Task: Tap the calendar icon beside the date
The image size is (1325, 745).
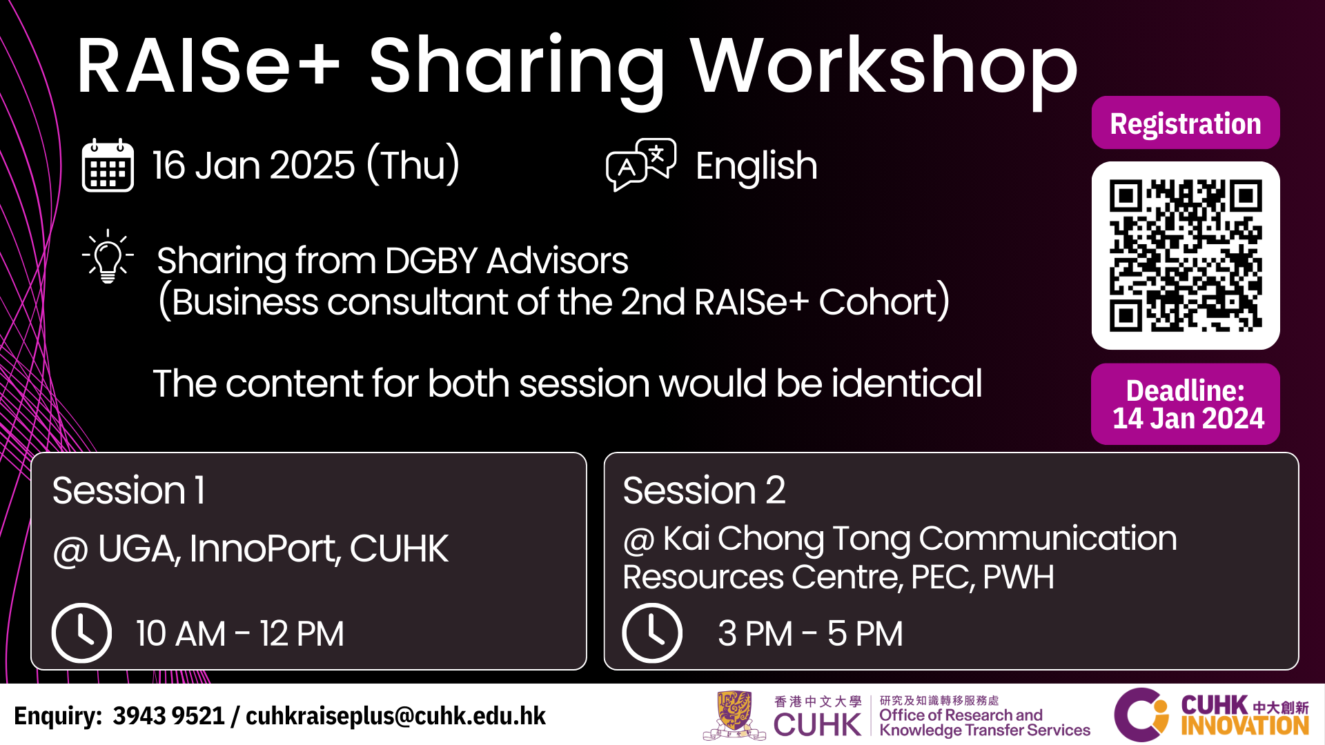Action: coord(108,165)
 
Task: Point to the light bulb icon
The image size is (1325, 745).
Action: coord(108,257)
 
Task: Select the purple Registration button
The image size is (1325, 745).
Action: coord(1186,123)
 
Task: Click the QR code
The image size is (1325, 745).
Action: coord(1186,256)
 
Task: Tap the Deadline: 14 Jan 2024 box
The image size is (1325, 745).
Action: coord(1186,404)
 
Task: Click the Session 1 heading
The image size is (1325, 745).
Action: coord(128,490)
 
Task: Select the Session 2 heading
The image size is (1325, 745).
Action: coord(704,490)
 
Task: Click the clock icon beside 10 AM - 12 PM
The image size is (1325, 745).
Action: coord(81,633)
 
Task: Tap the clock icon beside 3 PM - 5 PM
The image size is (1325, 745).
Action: coord(652,633)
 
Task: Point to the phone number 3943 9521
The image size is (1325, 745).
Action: coord(169,716)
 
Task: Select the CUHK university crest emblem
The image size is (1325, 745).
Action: coord(734,715)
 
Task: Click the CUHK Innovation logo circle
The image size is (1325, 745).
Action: coord(1141,715)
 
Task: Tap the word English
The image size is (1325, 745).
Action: coord(756,167)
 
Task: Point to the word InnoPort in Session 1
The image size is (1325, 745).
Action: coord(264,549)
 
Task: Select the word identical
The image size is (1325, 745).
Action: coord(907,384)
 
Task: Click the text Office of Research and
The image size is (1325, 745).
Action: coord(961,715)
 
